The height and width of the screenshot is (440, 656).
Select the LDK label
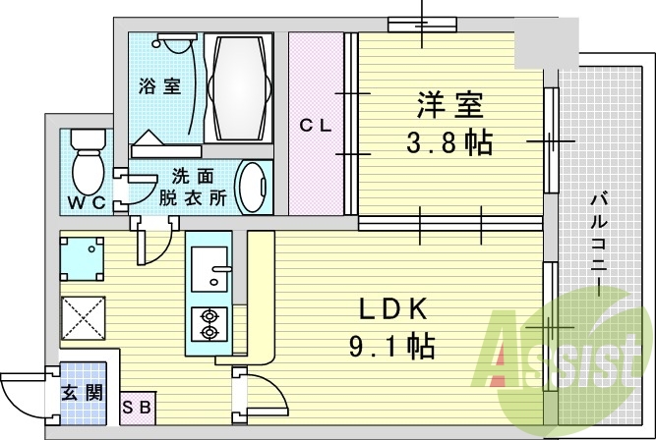(x=392, y=311)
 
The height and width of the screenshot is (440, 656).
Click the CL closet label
(x=316, y=125)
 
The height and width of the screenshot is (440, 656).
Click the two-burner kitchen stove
(x=209, y=323)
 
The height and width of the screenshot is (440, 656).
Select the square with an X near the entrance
(x=82, y=317)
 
